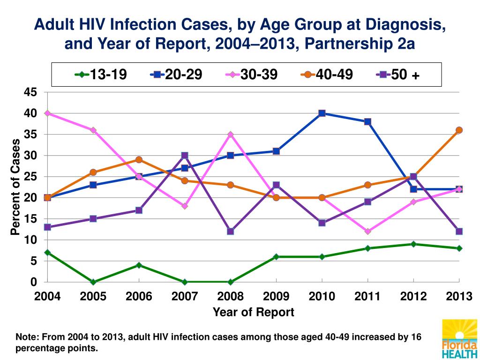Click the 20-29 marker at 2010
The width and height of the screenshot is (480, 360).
pyautogui.click(x=322, y=113)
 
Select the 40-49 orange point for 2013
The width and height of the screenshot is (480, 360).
pyautogui.click(x=459, y=130)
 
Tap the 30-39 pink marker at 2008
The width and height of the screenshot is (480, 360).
pyautogui.click(x=230, y=135)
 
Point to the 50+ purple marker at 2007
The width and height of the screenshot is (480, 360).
pyautogui.click(x=185, y=155)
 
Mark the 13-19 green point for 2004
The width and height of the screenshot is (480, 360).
pyautogui.click(x=47, y=253)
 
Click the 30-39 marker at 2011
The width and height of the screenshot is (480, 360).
pyautogui.click(x=368, y=231)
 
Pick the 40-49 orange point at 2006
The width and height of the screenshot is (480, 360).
pyautogui.click(x=139, y=160)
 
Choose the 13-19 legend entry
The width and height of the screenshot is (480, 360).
pyautogui.click(x=100, y=75)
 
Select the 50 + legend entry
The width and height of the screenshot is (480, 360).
pyautogui.click(x=398, y=75)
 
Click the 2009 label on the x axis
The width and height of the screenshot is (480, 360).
pyautogui.click(x=276, y=296)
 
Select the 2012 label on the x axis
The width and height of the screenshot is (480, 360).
pyautogui.click(x=413, y=296)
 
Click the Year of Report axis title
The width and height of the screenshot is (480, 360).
pyautogui.click(x=254, y=312)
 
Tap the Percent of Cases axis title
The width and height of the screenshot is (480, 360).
pyautogui.click(x=16, y=187)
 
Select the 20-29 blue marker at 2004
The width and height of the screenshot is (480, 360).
pyautogui.click(x=47, y=198)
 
